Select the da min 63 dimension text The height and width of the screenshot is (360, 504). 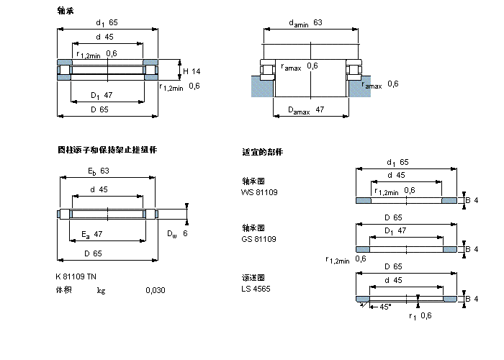pyautogui.click(x=305, y=23)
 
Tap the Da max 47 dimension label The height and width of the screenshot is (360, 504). pyautogui.click(x=306, y=110)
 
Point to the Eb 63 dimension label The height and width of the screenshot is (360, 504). pyautogui.click(x=99, y=171)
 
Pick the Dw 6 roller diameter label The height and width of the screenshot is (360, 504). pyautogui.click(x=177, y=234)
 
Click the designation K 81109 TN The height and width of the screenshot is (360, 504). pyautogui.click(x=76, y=277)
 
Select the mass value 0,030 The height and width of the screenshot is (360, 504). pyautogui.click(x=154, y=291)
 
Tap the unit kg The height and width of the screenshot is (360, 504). pyautogui.click(x=102, y=291)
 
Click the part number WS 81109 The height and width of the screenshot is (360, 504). pyautogui.click(x=259, y=192)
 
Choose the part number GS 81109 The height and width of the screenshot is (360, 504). pyautogui.click(x=259, y=239)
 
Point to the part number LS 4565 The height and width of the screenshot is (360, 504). pyautogui.click(x=257, y=289)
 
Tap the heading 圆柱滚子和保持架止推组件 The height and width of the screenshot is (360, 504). pyautogui.click(x=107, y=150)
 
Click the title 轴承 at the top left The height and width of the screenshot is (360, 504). pyautogui.click(x=66, y=11)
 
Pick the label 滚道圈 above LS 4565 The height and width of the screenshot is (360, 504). pyautogui.click(x=253, y=277)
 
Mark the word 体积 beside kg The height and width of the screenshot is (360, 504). pyautogui.click(x=65, y=291)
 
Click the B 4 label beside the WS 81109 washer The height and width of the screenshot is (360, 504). pyautogui.click(x=472, y=200)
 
